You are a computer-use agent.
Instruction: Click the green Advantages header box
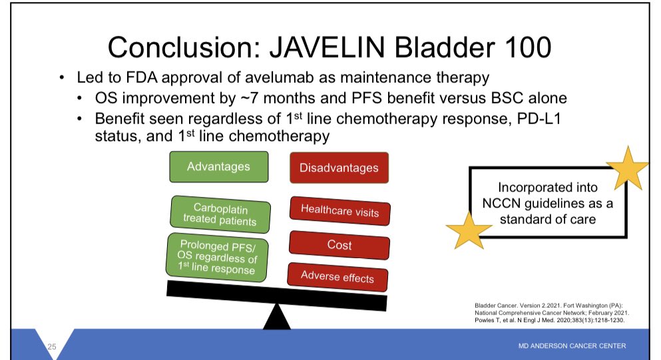219,167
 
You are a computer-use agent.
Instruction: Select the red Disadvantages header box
339,168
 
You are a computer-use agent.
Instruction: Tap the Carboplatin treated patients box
220,214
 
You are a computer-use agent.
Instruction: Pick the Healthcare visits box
339,211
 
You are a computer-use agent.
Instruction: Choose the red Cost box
339,245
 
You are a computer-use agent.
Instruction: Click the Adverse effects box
337,277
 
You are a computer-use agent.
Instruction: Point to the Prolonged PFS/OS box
217,257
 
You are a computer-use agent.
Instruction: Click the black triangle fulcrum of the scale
276,317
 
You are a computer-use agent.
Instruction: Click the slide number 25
51,347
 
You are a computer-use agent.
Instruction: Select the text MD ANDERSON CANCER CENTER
572,345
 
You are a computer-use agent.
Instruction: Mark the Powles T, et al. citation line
549,320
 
